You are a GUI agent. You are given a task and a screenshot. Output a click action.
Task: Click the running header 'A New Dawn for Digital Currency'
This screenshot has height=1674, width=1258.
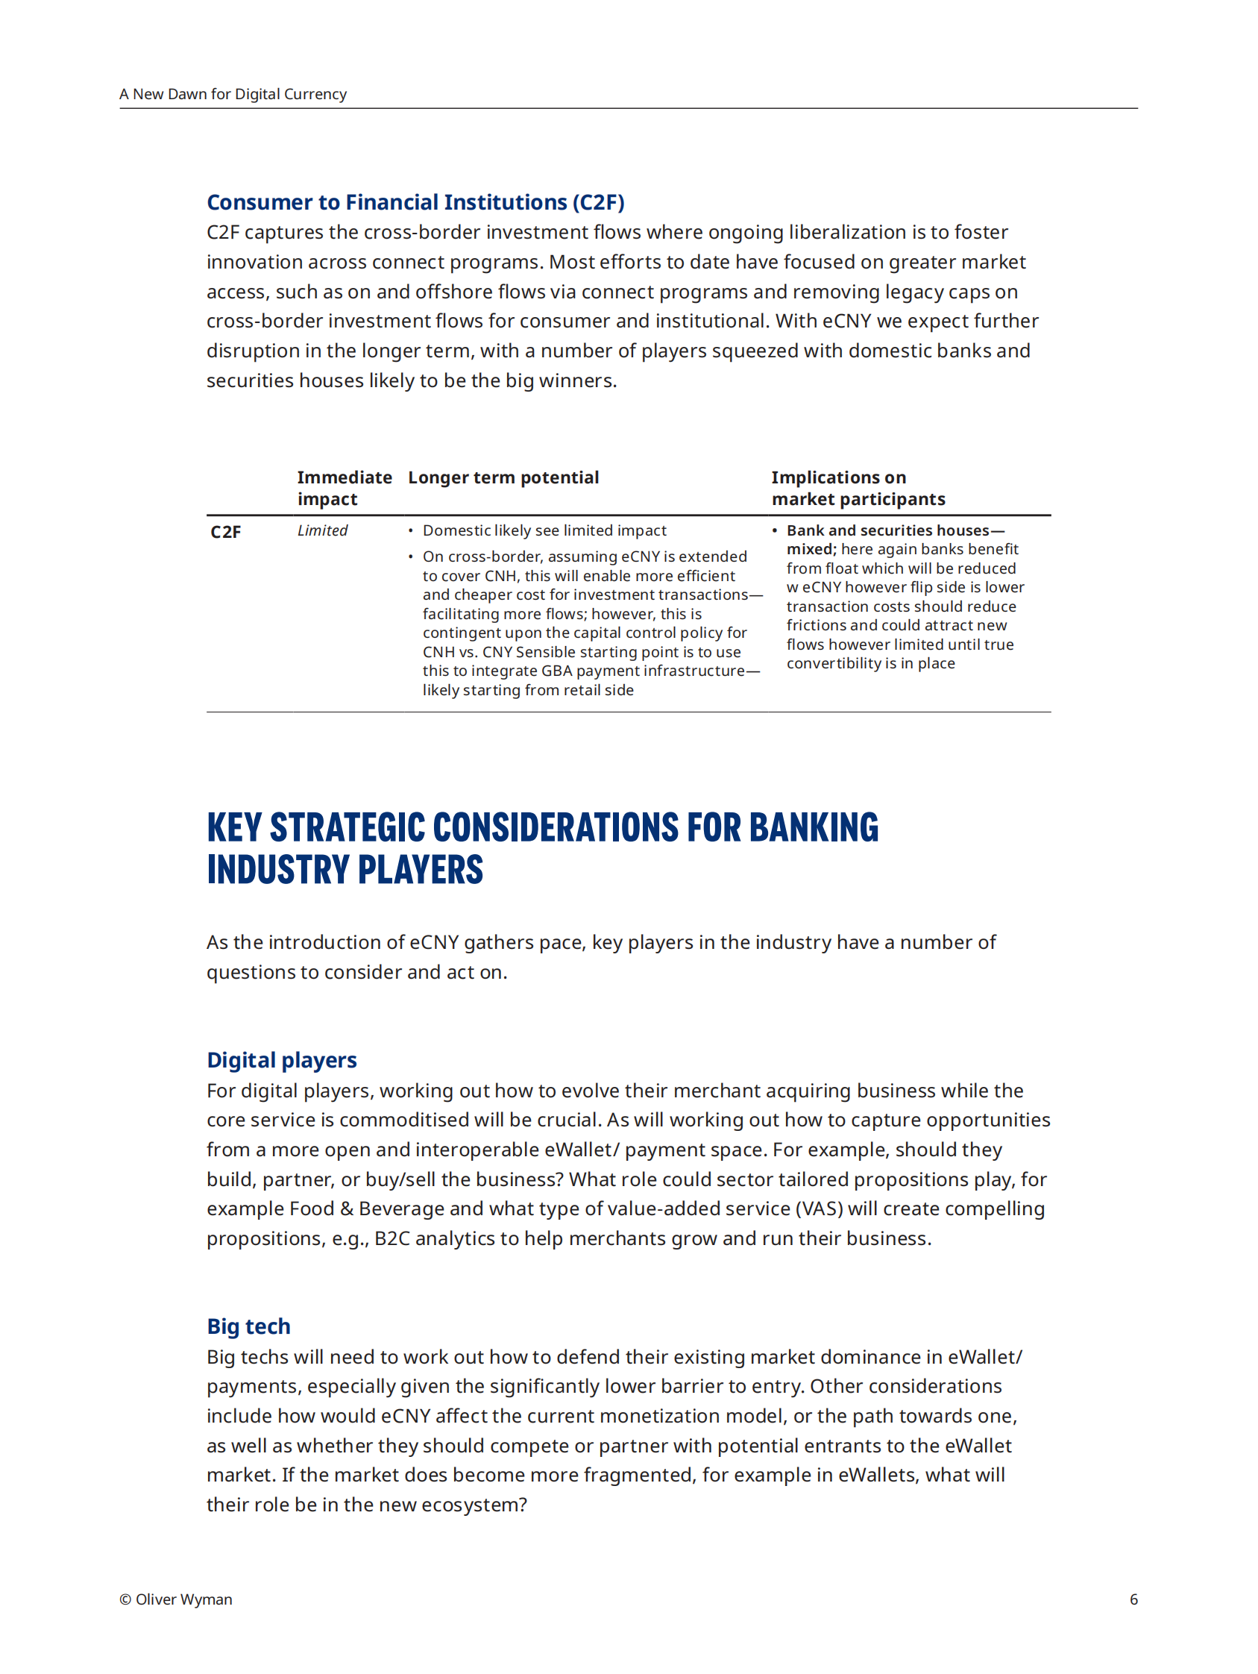(232, 94)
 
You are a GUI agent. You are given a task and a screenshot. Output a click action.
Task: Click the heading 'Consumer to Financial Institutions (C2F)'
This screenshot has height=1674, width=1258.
(415, 202)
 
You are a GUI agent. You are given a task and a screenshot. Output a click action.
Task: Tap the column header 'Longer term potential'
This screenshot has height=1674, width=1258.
(503, 477)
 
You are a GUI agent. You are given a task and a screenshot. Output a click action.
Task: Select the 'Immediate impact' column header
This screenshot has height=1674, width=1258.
(345, 488)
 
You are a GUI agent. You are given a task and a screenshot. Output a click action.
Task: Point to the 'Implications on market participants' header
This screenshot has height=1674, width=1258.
(858, 488)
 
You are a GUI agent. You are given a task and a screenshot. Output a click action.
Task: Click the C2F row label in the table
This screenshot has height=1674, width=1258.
(225, 532)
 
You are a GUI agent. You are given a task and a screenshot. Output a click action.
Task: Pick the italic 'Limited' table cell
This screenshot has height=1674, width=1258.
(322, 530)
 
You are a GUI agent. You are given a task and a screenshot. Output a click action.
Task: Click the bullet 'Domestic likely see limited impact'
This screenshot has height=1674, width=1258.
(544, 530)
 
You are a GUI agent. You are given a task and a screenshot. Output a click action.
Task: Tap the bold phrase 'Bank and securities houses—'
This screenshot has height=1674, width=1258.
(895, 530)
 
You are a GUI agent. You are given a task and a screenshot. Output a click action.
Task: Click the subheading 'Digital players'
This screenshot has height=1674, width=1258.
(281, 1060)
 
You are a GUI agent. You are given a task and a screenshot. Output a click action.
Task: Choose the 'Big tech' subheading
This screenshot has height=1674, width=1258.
(248, 1326)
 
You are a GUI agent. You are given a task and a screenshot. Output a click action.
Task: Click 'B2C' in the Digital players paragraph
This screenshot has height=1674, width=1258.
(391, 1239)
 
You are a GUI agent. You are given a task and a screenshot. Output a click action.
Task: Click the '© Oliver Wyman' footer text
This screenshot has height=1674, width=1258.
(175, 1599)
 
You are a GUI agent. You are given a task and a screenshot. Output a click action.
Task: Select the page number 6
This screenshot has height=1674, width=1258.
(1133, 1599)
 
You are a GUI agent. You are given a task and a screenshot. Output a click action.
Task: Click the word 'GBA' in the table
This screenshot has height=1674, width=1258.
(556, 671)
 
